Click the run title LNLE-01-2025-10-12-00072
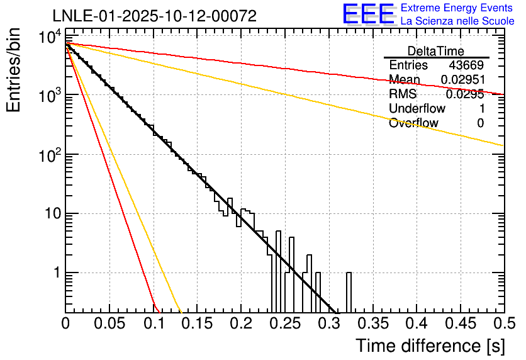[x=155, y=16]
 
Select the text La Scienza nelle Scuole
[x=457, y=21]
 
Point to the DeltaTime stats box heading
[x=436, y=51]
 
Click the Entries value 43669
[x=466, y=65]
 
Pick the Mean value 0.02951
[x=462, y=80]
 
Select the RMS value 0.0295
[x=465, y=94]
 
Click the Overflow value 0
[x=480, y=123]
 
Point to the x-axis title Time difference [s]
[x=429, y=346]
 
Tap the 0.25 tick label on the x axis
[x=284, y=323]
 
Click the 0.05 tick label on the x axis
[x=109, y=323]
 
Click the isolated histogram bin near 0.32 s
[x=349, y=292]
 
